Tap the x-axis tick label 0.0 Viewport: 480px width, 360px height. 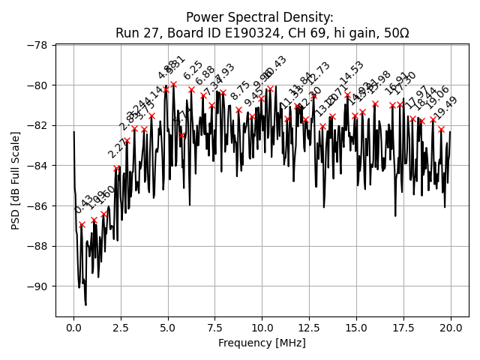(73, 328)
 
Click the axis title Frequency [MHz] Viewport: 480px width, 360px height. (262, 343)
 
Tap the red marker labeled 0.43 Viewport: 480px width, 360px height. (82, 224)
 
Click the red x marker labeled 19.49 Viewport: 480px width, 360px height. (441, 129)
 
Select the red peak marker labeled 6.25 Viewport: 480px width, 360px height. (191, 89)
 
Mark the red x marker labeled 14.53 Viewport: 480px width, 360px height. (347, 95)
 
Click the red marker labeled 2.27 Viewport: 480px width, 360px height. (116, 169)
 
